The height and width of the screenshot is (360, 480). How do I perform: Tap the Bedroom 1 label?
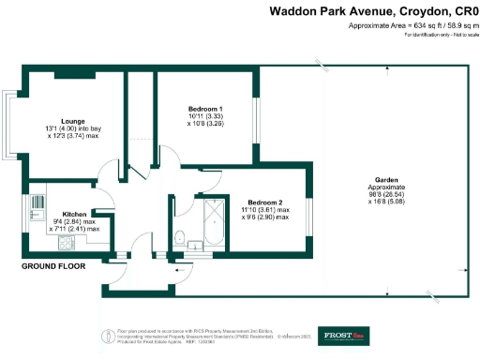pyautogui.click(x=204, y=108)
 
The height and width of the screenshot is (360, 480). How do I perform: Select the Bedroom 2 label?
pyautogui.click(x=264, y=202)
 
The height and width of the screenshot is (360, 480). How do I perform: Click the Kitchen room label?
pyautogui.click(x=74, y=213)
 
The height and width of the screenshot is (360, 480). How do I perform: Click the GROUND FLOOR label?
pyautogui.click(x=52, y=266)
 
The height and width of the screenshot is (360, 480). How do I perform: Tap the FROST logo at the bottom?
pyautogui.click(x=348, y=335)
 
